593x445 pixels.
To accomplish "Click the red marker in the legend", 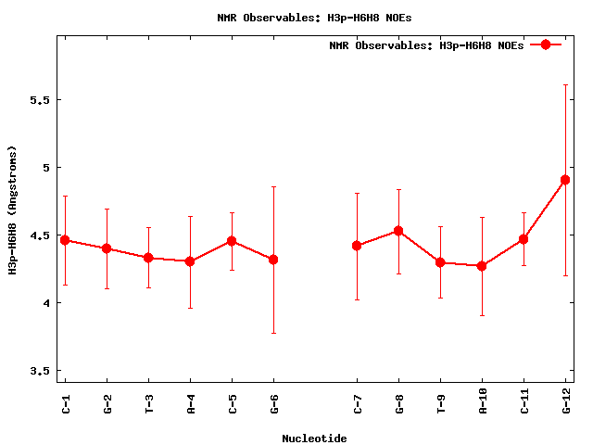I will point(546,44).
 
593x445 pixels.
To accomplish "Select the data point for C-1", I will point(65,240).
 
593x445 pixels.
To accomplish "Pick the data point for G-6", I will point(273,260).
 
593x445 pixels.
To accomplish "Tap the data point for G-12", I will point(565,180).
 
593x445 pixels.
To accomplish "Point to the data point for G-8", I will point(398,231).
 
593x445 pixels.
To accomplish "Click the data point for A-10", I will point(482,266).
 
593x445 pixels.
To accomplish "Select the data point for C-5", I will point(232,241).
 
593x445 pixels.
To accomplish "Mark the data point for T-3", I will point(148,258).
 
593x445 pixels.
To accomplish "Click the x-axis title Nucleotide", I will point(314,439).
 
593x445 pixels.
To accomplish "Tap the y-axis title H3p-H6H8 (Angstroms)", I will point(12,210).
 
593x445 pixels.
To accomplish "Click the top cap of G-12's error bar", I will point(565,84).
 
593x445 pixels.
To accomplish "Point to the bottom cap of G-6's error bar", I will point(273,333).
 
